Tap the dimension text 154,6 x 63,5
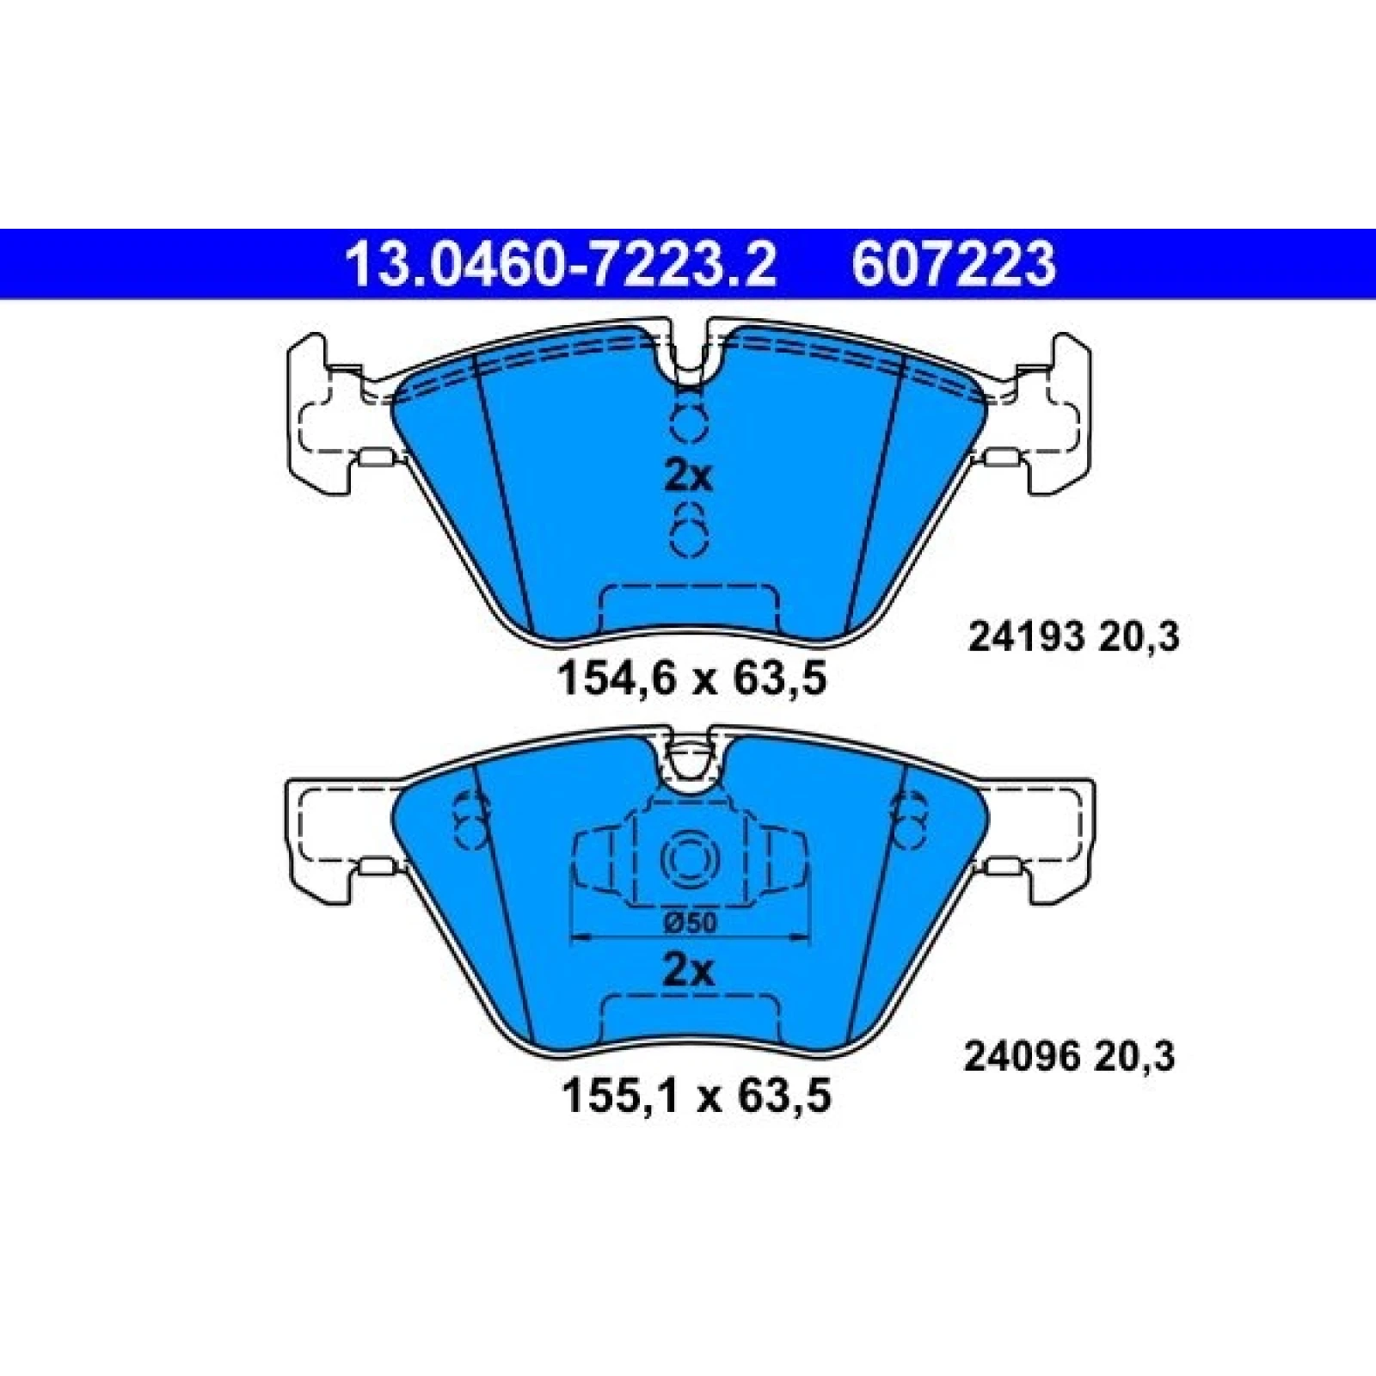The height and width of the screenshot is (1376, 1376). (692, 679)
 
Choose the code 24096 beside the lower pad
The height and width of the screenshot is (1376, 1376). (1021, 1058)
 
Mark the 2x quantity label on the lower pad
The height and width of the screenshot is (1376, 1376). (689, 972)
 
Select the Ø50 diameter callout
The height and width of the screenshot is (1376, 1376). (690, 922)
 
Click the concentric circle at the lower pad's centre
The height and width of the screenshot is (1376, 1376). (688, 859)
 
